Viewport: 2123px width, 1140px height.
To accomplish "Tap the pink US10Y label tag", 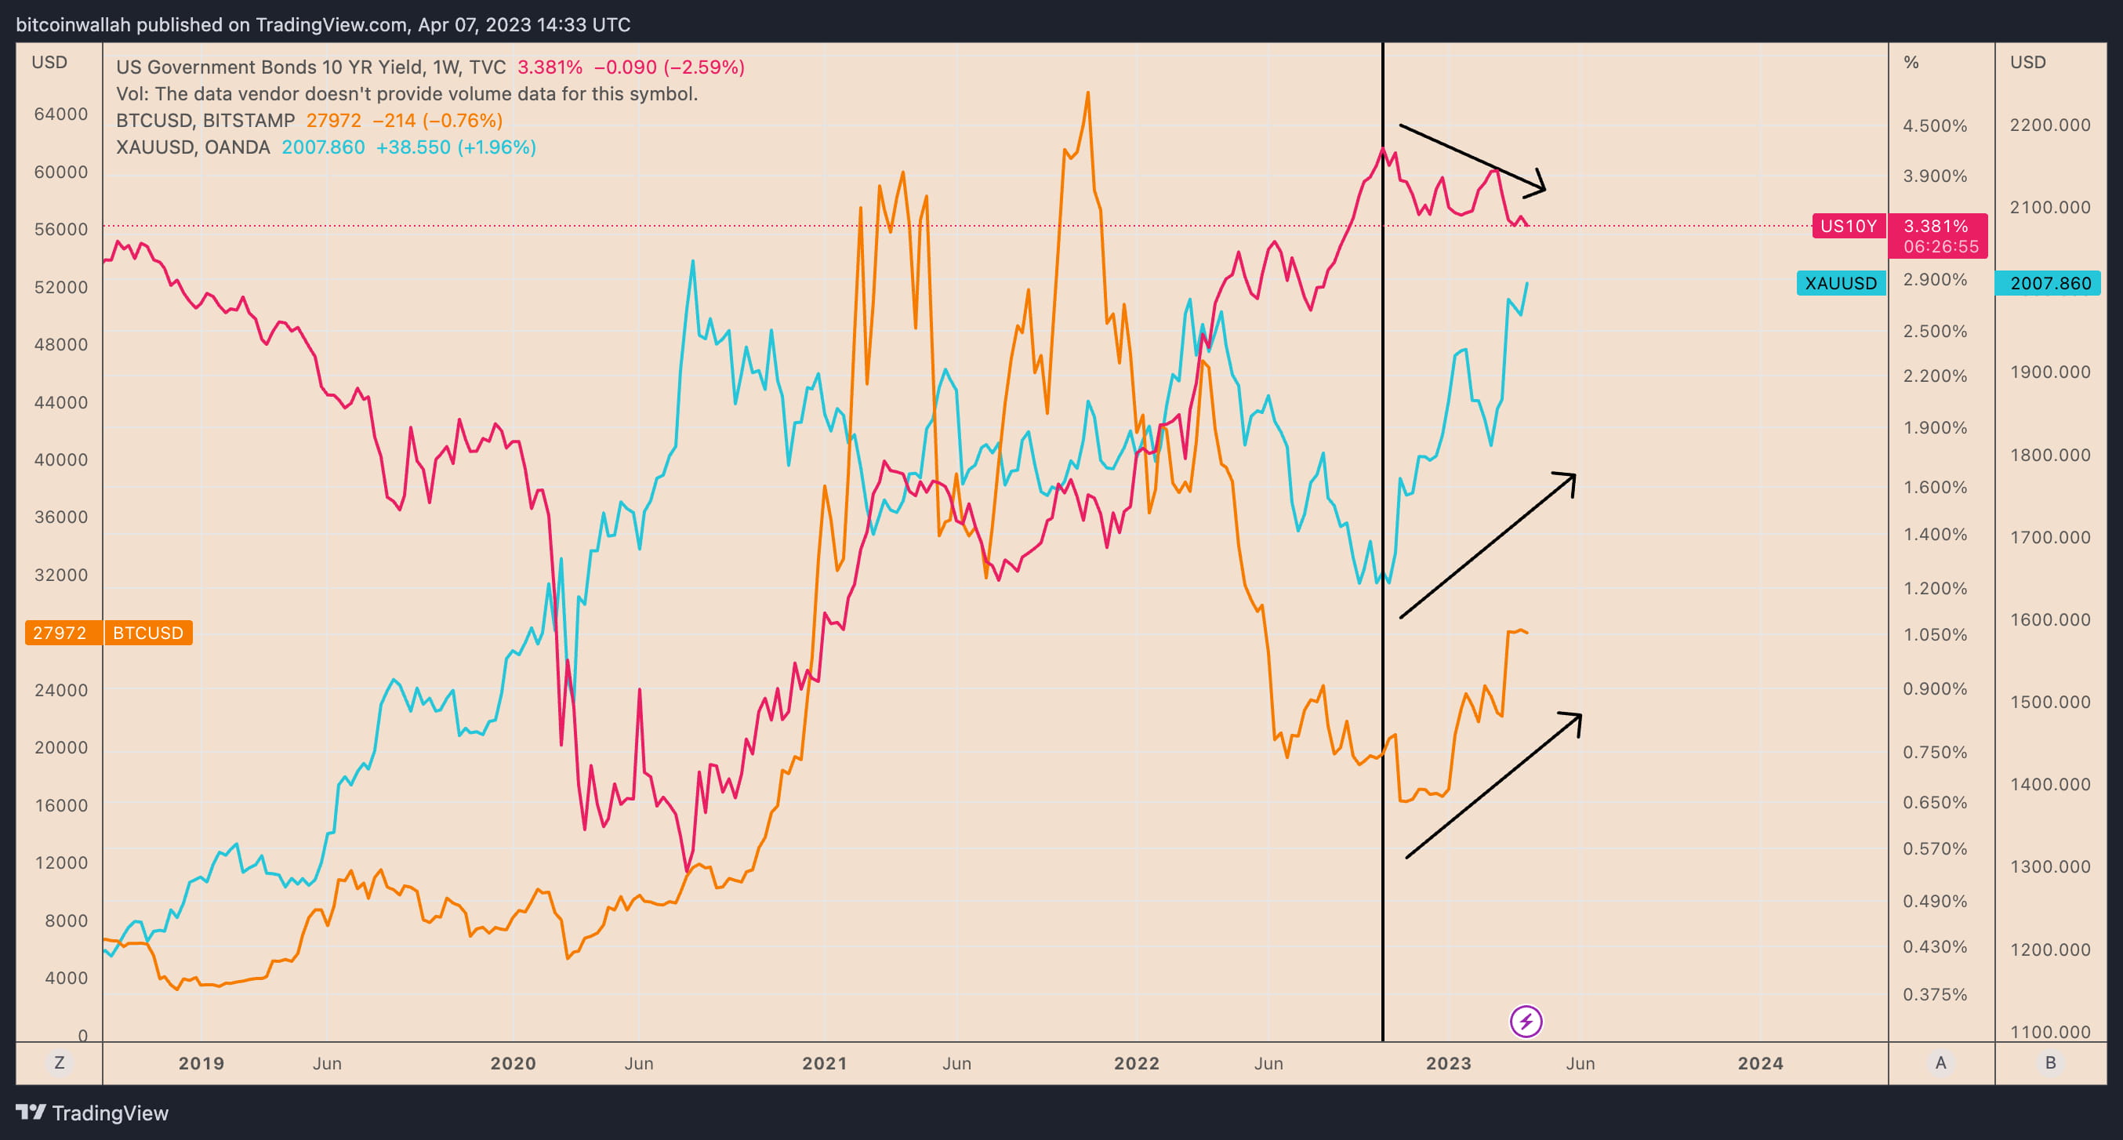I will (1848, 226).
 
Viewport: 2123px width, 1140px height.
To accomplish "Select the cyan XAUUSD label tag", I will (1840, 284).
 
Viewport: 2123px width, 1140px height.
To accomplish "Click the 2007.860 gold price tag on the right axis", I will (2049, 284).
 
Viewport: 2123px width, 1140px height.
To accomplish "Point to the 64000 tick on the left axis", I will (60, 114).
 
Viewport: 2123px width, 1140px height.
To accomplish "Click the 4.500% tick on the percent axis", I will (1934, 126).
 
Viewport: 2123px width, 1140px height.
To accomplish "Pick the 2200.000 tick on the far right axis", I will (2049, 125).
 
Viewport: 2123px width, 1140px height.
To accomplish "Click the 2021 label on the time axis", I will (824, 1063).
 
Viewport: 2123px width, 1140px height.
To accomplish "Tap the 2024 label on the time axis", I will (1759, 1063).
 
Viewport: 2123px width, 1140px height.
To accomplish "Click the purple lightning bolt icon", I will (1526, 1022).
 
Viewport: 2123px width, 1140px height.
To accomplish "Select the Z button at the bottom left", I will (60, 1062).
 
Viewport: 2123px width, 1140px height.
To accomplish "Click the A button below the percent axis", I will (1941, 1062).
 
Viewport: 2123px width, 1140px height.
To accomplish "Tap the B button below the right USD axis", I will (2049, 1062).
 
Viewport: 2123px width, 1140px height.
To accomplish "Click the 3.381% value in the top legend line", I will (549, 67).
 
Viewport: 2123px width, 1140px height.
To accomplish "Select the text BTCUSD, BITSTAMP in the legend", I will (205, 120).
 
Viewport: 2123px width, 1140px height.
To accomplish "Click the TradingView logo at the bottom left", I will (93, 1113).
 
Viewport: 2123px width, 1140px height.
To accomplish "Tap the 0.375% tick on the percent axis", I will (1934, 995).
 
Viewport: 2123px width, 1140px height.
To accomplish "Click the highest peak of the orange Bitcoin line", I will (1088, 93).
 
